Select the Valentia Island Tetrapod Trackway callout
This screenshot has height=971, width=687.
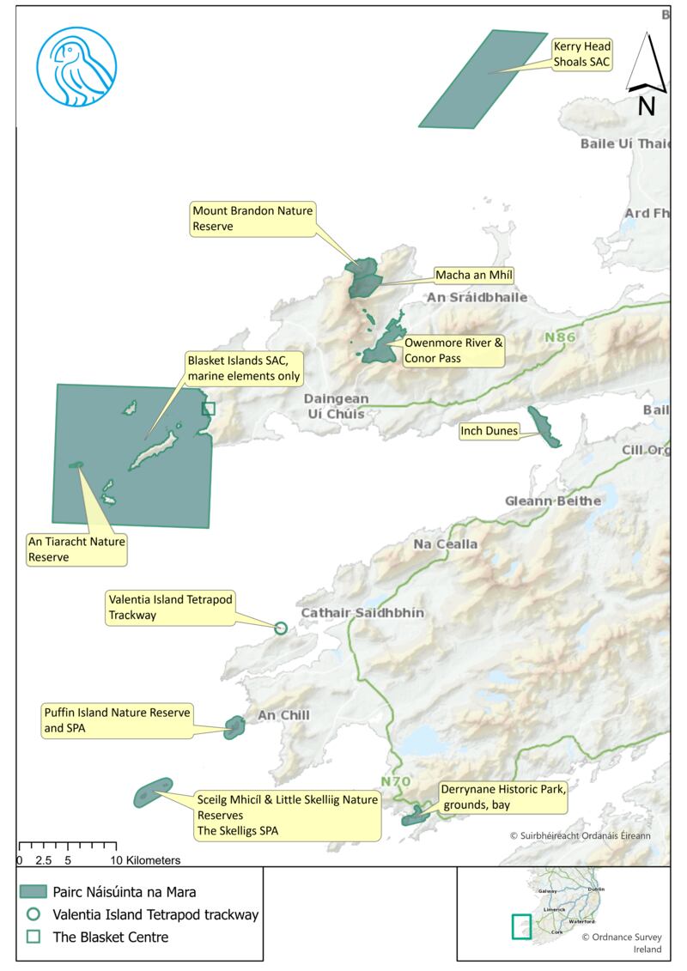coord(170,607)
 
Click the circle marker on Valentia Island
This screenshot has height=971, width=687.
coord(280,628)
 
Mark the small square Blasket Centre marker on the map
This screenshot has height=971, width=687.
coord(208,409)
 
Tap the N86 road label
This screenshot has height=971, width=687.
coord(560,337)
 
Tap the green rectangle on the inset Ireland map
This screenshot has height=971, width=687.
coord(521,927)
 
